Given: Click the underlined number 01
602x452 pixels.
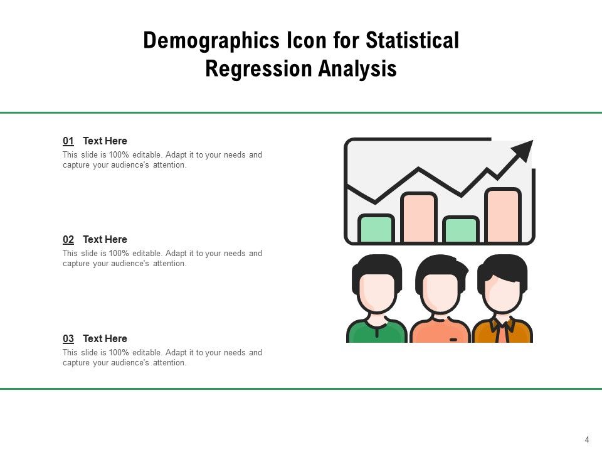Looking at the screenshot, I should (68, 141).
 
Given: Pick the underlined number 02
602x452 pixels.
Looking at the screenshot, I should (68, 240).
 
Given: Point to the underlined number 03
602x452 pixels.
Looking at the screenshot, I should (68, 339).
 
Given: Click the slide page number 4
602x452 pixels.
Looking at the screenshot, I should (587, 440).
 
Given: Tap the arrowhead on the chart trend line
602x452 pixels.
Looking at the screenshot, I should (523, 151).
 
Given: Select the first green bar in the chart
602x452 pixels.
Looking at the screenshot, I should (376, 229).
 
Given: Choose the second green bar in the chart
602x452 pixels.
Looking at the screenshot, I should (461, 230).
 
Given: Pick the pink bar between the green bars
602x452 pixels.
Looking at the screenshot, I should (418, 218).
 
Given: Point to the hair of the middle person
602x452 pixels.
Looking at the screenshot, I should (441, 267).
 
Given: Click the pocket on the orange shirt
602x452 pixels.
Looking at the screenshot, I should (454, 339).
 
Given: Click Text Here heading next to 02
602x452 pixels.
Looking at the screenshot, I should (105, 240).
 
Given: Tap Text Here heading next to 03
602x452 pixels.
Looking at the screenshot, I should (105, 339).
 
